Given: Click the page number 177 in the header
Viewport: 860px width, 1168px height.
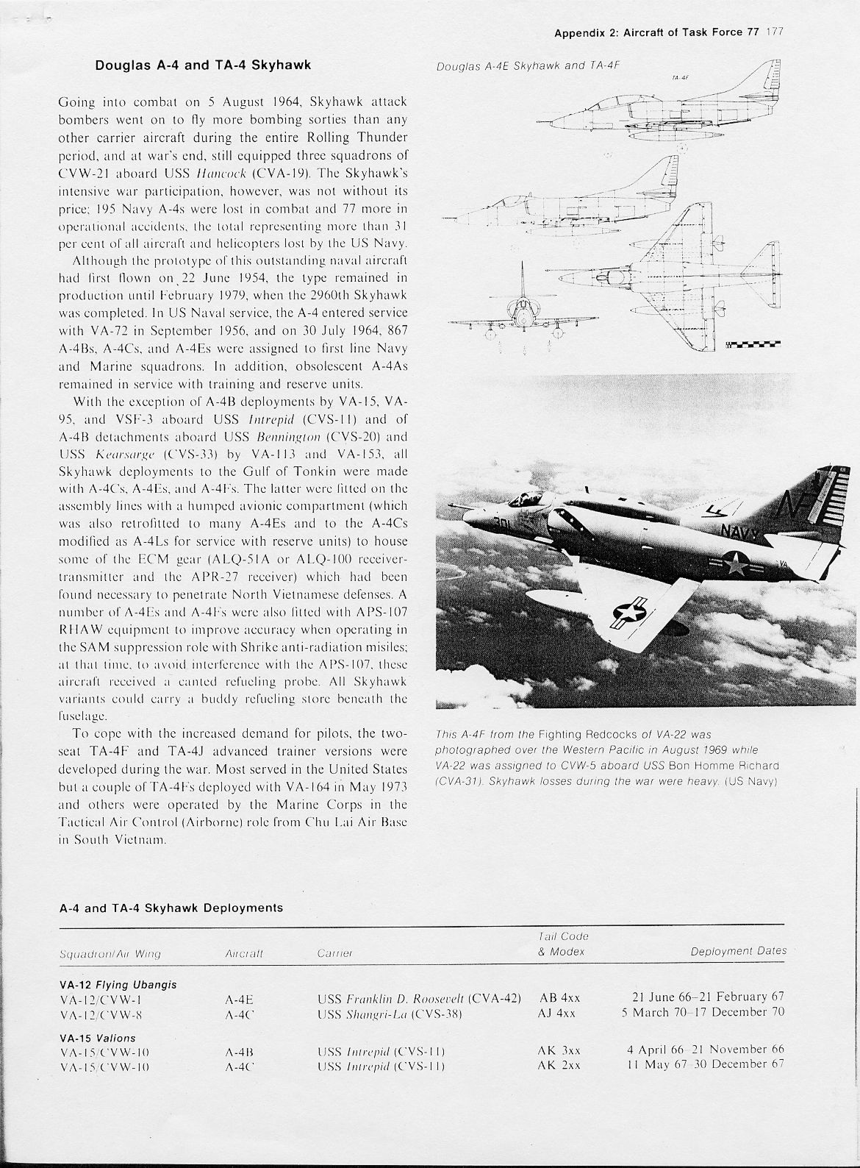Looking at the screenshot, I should point(777,32).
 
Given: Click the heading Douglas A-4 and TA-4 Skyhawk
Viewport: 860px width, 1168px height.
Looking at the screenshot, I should point(203,65).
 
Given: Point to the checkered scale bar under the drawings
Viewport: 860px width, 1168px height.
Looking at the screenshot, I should point(753,343).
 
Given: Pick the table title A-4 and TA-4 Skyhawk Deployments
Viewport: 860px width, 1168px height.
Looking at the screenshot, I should point(171,908).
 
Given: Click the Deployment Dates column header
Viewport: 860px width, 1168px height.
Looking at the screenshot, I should point(739,951).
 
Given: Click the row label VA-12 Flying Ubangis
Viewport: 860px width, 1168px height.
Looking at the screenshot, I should point(118,984).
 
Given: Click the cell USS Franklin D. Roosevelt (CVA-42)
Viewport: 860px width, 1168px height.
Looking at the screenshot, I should point(419,998).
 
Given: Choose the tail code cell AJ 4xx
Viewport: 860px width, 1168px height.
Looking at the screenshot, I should point(557,1012).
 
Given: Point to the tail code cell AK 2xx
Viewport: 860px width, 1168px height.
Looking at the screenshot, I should point(557,1064).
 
